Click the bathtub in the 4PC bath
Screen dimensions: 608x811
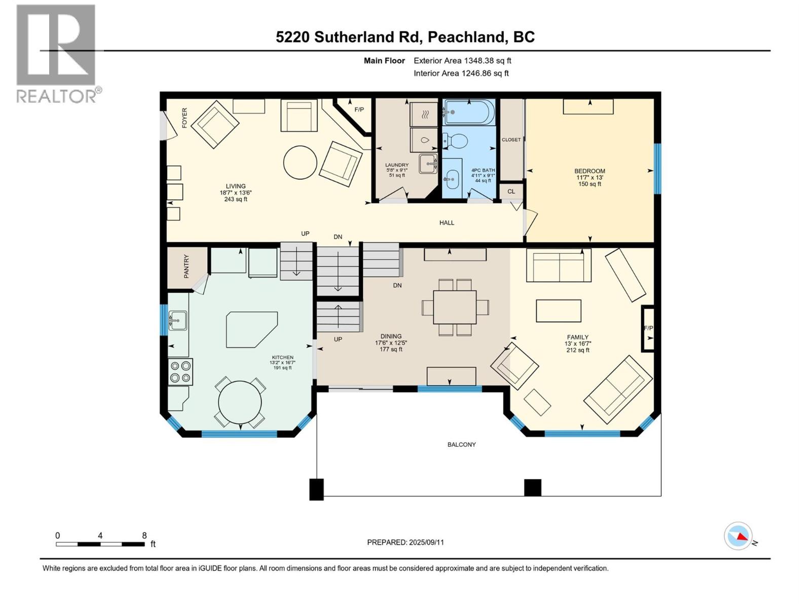tap(469, 112)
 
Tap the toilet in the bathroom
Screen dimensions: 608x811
tap(456, 141)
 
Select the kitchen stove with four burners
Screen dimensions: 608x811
tap(180, 371)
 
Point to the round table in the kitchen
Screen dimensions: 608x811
tap(240, 403)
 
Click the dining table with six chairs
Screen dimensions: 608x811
tap(455, 307)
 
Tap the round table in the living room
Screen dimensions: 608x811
tap(300, 163)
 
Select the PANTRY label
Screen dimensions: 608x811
tap(186, 267)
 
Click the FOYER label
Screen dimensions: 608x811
tap(185, 118)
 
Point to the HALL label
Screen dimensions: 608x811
tap(447, 222)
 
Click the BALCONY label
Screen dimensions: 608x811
tap(461, 444)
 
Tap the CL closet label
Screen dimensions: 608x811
tap(511, 192)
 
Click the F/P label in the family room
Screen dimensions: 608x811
tap(648, 328)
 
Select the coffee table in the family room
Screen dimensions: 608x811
tap(559, 311)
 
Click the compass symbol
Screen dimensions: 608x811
tap(739, 536)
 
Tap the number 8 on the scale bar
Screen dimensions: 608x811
tap(144, 536)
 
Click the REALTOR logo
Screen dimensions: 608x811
tap(57, 53)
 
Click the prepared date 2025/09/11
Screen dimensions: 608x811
tap(426, 542)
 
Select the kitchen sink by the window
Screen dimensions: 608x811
tap(177, 320)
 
